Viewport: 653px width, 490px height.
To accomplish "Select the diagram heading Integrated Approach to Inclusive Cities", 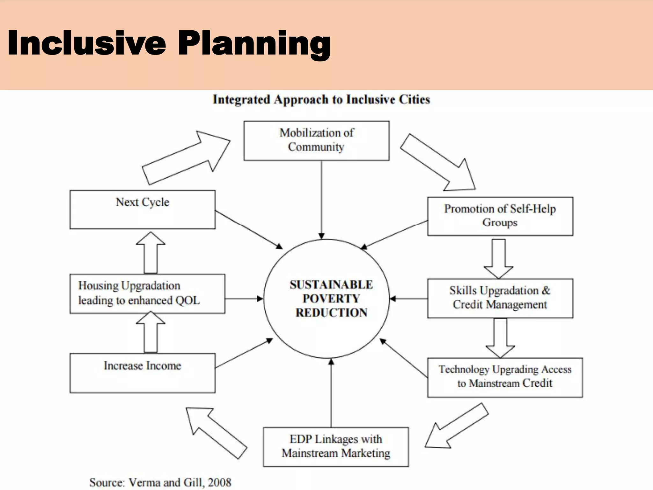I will (321, 100).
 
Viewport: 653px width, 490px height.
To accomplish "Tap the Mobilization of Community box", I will (316, 140).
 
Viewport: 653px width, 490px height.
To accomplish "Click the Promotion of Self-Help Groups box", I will (500, 216).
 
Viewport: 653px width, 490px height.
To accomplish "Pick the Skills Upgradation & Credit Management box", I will (500, 298).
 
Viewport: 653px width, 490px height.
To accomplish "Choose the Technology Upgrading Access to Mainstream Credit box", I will (504, 377).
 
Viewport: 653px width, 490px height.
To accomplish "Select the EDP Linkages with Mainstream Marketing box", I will (335, 446).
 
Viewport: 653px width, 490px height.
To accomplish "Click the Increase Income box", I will (142, 372).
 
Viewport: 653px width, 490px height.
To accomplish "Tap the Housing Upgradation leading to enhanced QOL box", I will (147, 293).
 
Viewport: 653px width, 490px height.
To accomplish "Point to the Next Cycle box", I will (142, 209).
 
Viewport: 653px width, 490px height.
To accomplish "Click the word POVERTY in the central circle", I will (331, 299).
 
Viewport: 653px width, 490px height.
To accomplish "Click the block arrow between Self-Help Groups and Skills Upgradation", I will (499, 258).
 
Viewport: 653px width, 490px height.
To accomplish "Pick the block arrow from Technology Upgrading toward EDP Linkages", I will (456, 426).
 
